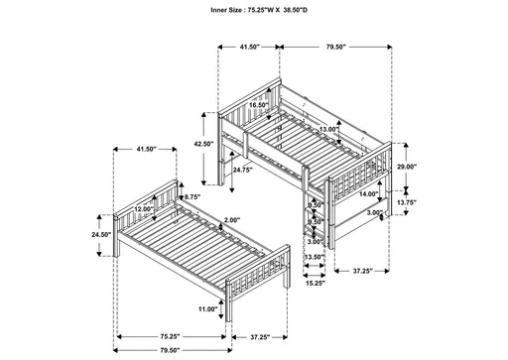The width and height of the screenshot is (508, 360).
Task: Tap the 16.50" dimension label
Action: coord(260,104)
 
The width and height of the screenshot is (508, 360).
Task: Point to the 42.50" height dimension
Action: coord(204,145)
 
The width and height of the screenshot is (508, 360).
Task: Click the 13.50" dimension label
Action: coord(314,258)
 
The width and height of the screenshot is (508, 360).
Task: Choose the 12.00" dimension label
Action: coord(145,209)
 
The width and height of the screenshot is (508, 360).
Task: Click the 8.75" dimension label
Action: coord(191,198)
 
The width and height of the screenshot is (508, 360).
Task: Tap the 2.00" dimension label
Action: coord(231,220)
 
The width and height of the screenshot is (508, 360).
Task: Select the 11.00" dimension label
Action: coord(207,310)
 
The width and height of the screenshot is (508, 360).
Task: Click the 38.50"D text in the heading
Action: coord(299,11)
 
